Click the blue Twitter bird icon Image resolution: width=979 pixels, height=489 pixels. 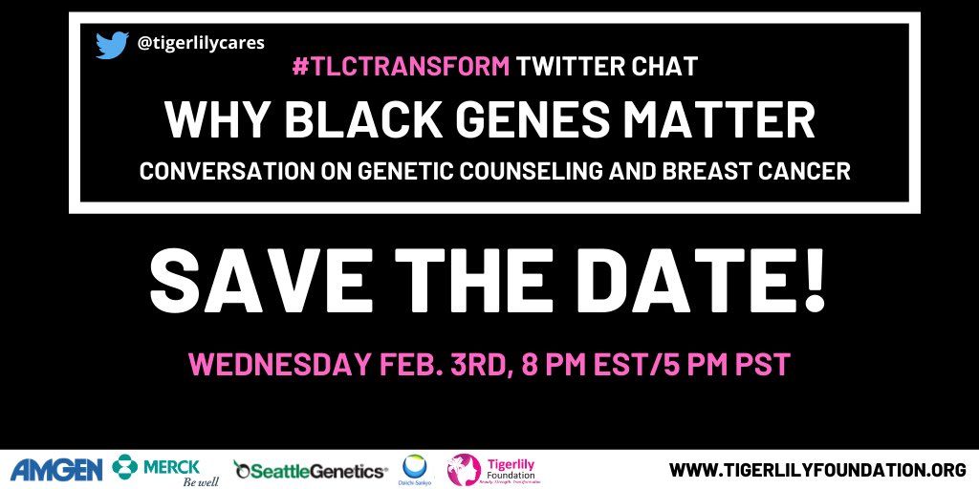coord(112,45)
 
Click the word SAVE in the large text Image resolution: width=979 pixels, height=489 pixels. coord(240,281)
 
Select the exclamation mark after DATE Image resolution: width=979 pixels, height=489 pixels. coord(813,281)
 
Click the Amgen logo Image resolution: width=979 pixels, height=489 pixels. coord(56,469)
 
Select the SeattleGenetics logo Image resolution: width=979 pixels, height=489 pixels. coord(311,471)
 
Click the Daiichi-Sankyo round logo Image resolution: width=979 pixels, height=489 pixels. coord(417,468)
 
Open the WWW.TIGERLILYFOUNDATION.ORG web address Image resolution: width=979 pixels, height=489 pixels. coord(817,470)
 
